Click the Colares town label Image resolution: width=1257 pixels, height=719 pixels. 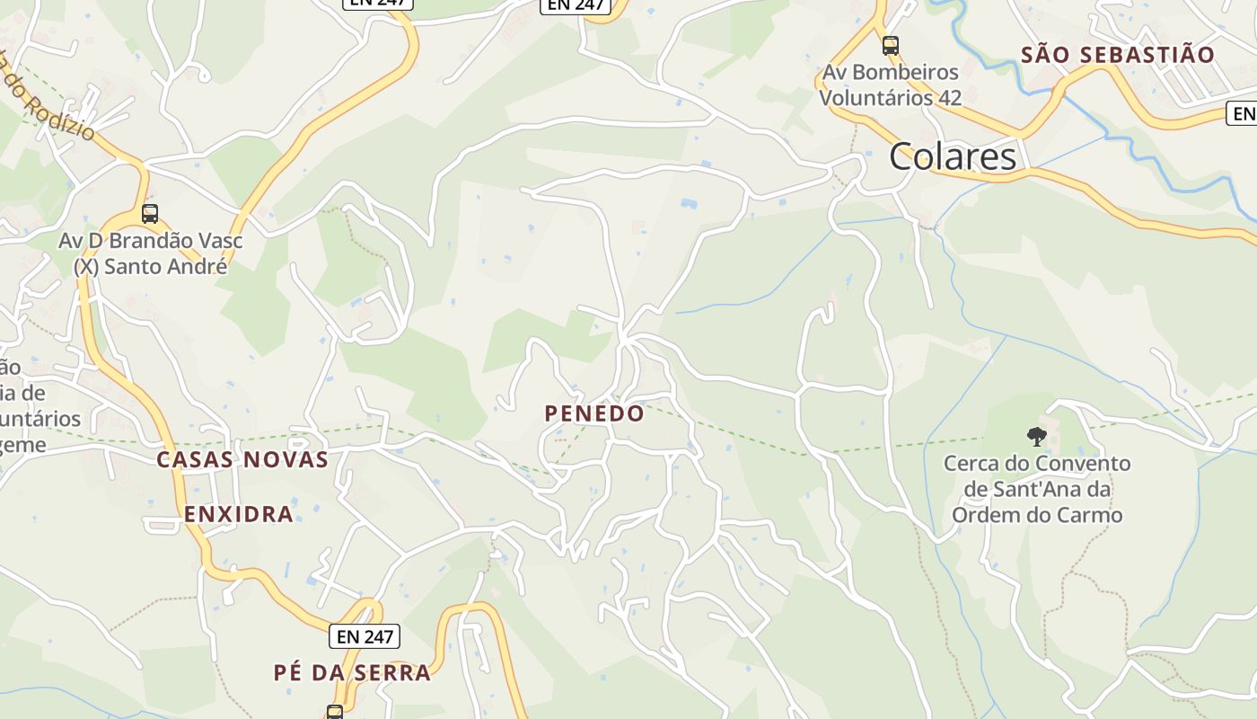pos(953,156)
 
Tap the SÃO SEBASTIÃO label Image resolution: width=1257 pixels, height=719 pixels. pos(1117,55)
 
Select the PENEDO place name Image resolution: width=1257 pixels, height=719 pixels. pos(593,413)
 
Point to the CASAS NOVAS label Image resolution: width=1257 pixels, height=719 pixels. pos(242,459)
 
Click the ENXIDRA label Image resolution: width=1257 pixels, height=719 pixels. pos(239,514)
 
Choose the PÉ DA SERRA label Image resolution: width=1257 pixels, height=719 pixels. pos(352,672)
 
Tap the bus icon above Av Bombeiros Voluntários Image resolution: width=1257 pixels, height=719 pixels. pos(890,45)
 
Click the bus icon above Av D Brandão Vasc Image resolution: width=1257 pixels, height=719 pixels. pos(150,214)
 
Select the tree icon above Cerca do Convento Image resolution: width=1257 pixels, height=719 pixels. pos(1037,438)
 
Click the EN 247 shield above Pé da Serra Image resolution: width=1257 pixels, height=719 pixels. pos(364,636)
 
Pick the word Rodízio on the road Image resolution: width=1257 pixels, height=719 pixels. pos(58,113)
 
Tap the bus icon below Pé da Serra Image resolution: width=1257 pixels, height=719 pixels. pos(334,713)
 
